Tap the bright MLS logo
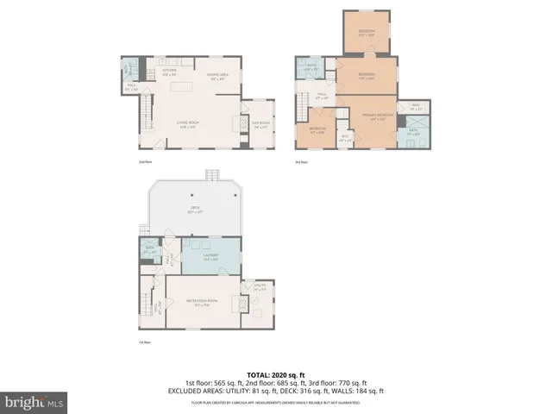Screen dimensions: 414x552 click(34, 402)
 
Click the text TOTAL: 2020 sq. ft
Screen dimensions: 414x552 click(276, 375)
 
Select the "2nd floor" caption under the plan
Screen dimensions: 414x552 click(144, 161)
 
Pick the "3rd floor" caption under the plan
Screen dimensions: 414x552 click(301, 161)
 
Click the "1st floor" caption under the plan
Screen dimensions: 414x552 click(144, 342)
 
